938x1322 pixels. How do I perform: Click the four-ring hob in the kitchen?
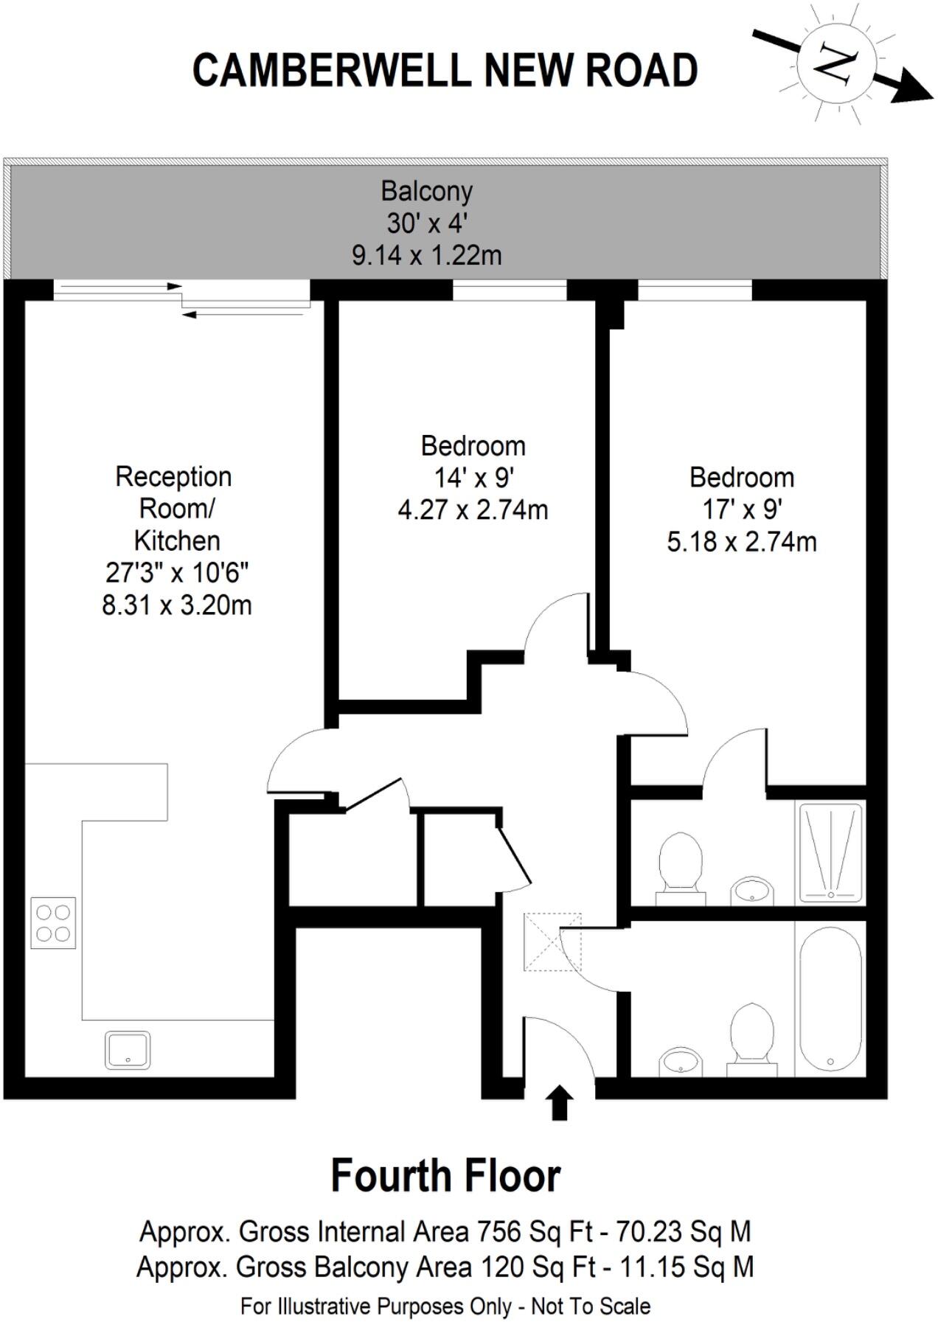click(x=53, y=922)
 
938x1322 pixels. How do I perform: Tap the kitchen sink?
click(x=128, y=1049)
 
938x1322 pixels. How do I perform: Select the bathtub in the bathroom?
click(x=830, y=998)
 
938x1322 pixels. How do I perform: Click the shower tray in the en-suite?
click(x=830, y=852)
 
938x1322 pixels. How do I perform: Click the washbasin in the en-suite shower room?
click(x=752, y=890)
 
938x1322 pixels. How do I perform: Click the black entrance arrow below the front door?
click(x=560, y=1102)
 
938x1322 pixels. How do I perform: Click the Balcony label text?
click(x=426, y=191)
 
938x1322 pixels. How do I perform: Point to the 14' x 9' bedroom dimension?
click(x=473, y=478)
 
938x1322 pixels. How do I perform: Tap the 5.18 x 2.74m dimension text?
click(x=741, y=542)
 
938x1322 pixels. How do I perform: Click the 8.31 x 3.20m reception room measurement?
click(x=176, y=605)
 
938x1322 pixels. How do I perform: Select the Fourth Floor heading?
click(x=445, y=1176)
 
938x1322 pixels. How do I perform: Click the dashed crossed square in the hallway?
click(x=552, y=942)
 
